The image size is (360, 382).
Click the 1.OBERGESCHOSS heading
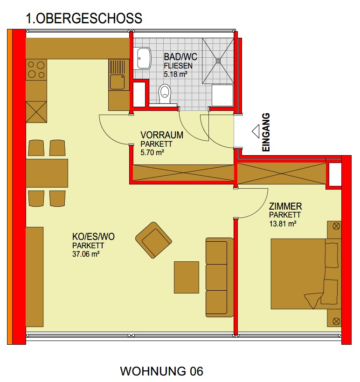click(84, 19)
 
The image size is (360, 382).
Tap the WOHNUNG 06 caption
click(161, 371)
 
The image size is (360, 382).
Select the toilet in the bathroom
click(165, 94)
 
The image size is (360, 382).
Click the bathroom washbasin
click(144, 58)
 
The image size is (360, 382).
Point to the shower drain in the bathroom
click(218, 61)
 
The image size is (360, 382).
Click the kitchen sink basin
click(118, 82)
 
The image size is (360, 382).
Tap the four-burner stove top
click(36, 70)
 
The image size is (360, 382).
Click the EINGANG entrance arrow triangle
click(256, 131)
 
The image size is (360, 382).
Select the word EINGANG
click(266, 132)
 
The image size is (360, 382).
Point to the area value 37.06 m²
click(86, 254)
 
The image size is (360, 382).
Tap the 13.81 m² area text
click(283, 224)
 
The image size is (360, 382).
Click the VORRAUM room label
click(162, 135)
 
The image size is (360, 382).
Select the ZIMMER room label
click(285, 206)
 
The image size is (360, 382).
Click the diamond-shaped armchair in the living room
click(154, 240)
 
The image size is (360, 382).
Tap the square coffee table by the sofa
click(187, 277)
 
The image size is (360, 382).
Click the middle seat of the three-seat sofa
click(216, 277)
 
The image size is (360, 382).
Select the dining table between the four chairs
click(47, 173)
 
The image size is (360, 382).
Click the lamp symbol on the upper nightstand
click(336, 226)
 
